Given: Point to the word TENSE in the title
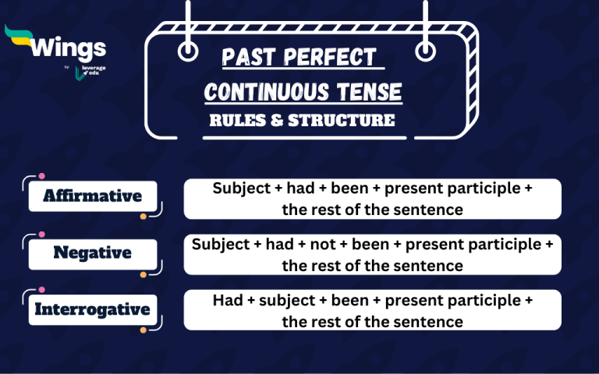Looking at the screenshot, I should [x=370, y=93].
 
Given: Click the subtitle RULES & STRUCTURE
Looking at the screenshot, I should [x=303, y=121].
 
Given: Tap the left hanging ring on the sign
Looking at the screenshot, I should [x=188, y=52].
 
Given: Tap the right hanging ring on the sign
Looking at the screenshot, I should [x=425, y=52].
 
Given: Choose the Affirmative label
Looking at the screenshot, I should [x=92, y=196].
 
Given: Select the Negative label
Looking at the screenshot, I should [x=92, y=252].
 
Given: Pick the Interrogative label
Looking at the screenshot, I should [x=92, y=309].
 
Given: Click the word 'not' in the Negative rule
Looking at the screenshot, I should [x=321, y=245].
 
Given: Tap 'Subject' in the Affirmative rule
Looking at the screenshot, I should [x=238, y=188].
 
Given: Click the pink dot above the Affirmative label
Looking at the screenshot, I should [x=41, y=177].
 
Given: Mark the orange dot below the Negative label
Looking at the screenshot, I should [x=144, y=274].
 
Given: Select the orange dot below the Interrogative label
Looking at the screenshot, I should [x=144, y=330].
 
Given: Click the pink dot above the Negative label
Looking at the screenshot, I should [x=41, y=234].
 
